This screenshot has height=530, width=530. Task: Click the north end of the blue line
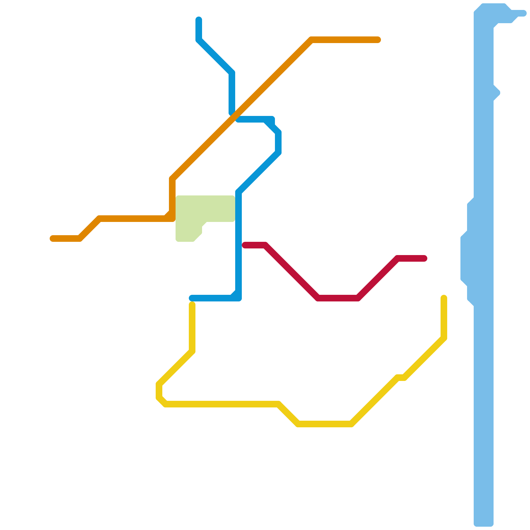(x=199, y=20)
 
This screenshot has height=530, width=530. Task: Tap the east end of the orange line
(x=378, y=40)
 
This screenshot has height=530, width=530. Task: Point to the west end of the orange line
(x=53, y=238)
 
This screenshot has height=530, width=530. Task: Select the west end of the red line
(x=245, y=245)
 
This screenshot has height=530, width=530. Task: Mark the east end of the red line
(x=424, y=258)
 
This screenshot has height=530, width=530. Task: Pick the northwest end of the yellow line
(x=192, y=304)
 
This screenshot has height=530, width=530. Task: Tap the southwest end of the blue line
(x=192, y=298)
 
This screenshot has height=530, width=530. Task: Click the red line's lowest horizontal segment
(x=338, y=298)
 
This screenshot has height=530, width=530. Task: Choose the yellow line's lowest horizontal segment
(x=325, y=424)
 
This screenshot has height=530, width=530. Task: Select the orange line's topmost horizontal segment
(x=344, y=40)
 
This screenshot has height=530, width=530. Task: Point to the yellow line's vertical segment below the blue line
(x=192, y=328)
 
